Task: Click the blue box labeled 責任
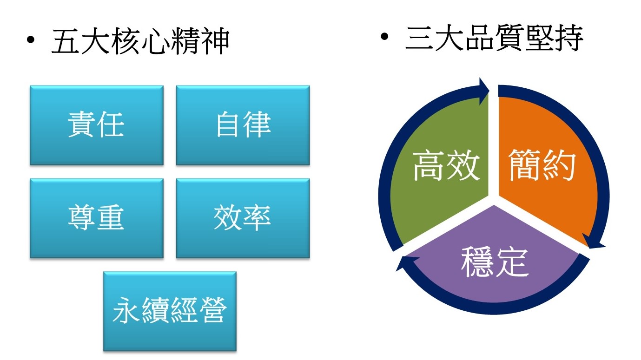point(97,125)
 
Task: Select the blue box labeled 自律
point(243,125)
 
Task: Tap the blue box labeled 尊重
point(97,218)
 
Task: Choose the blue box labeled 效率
point(243,218)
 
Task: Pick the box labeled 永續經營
point(170,311)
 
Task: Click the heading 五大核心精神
point(140,41)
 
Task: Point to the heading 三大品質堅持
point(494,38)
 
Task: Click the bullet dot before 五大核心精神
point(30,40)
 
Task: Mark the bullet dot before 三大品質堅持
point(384,36)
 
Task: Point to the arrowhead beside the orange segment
point(594,242)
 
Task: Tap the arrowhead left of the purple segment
point(408,263)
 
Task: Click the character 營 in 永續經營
point(213,311)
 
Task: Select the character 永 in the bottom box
point(127,311)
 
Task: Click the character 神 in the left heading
point(215,41)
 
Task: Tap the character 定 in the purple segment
point(512,262)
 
